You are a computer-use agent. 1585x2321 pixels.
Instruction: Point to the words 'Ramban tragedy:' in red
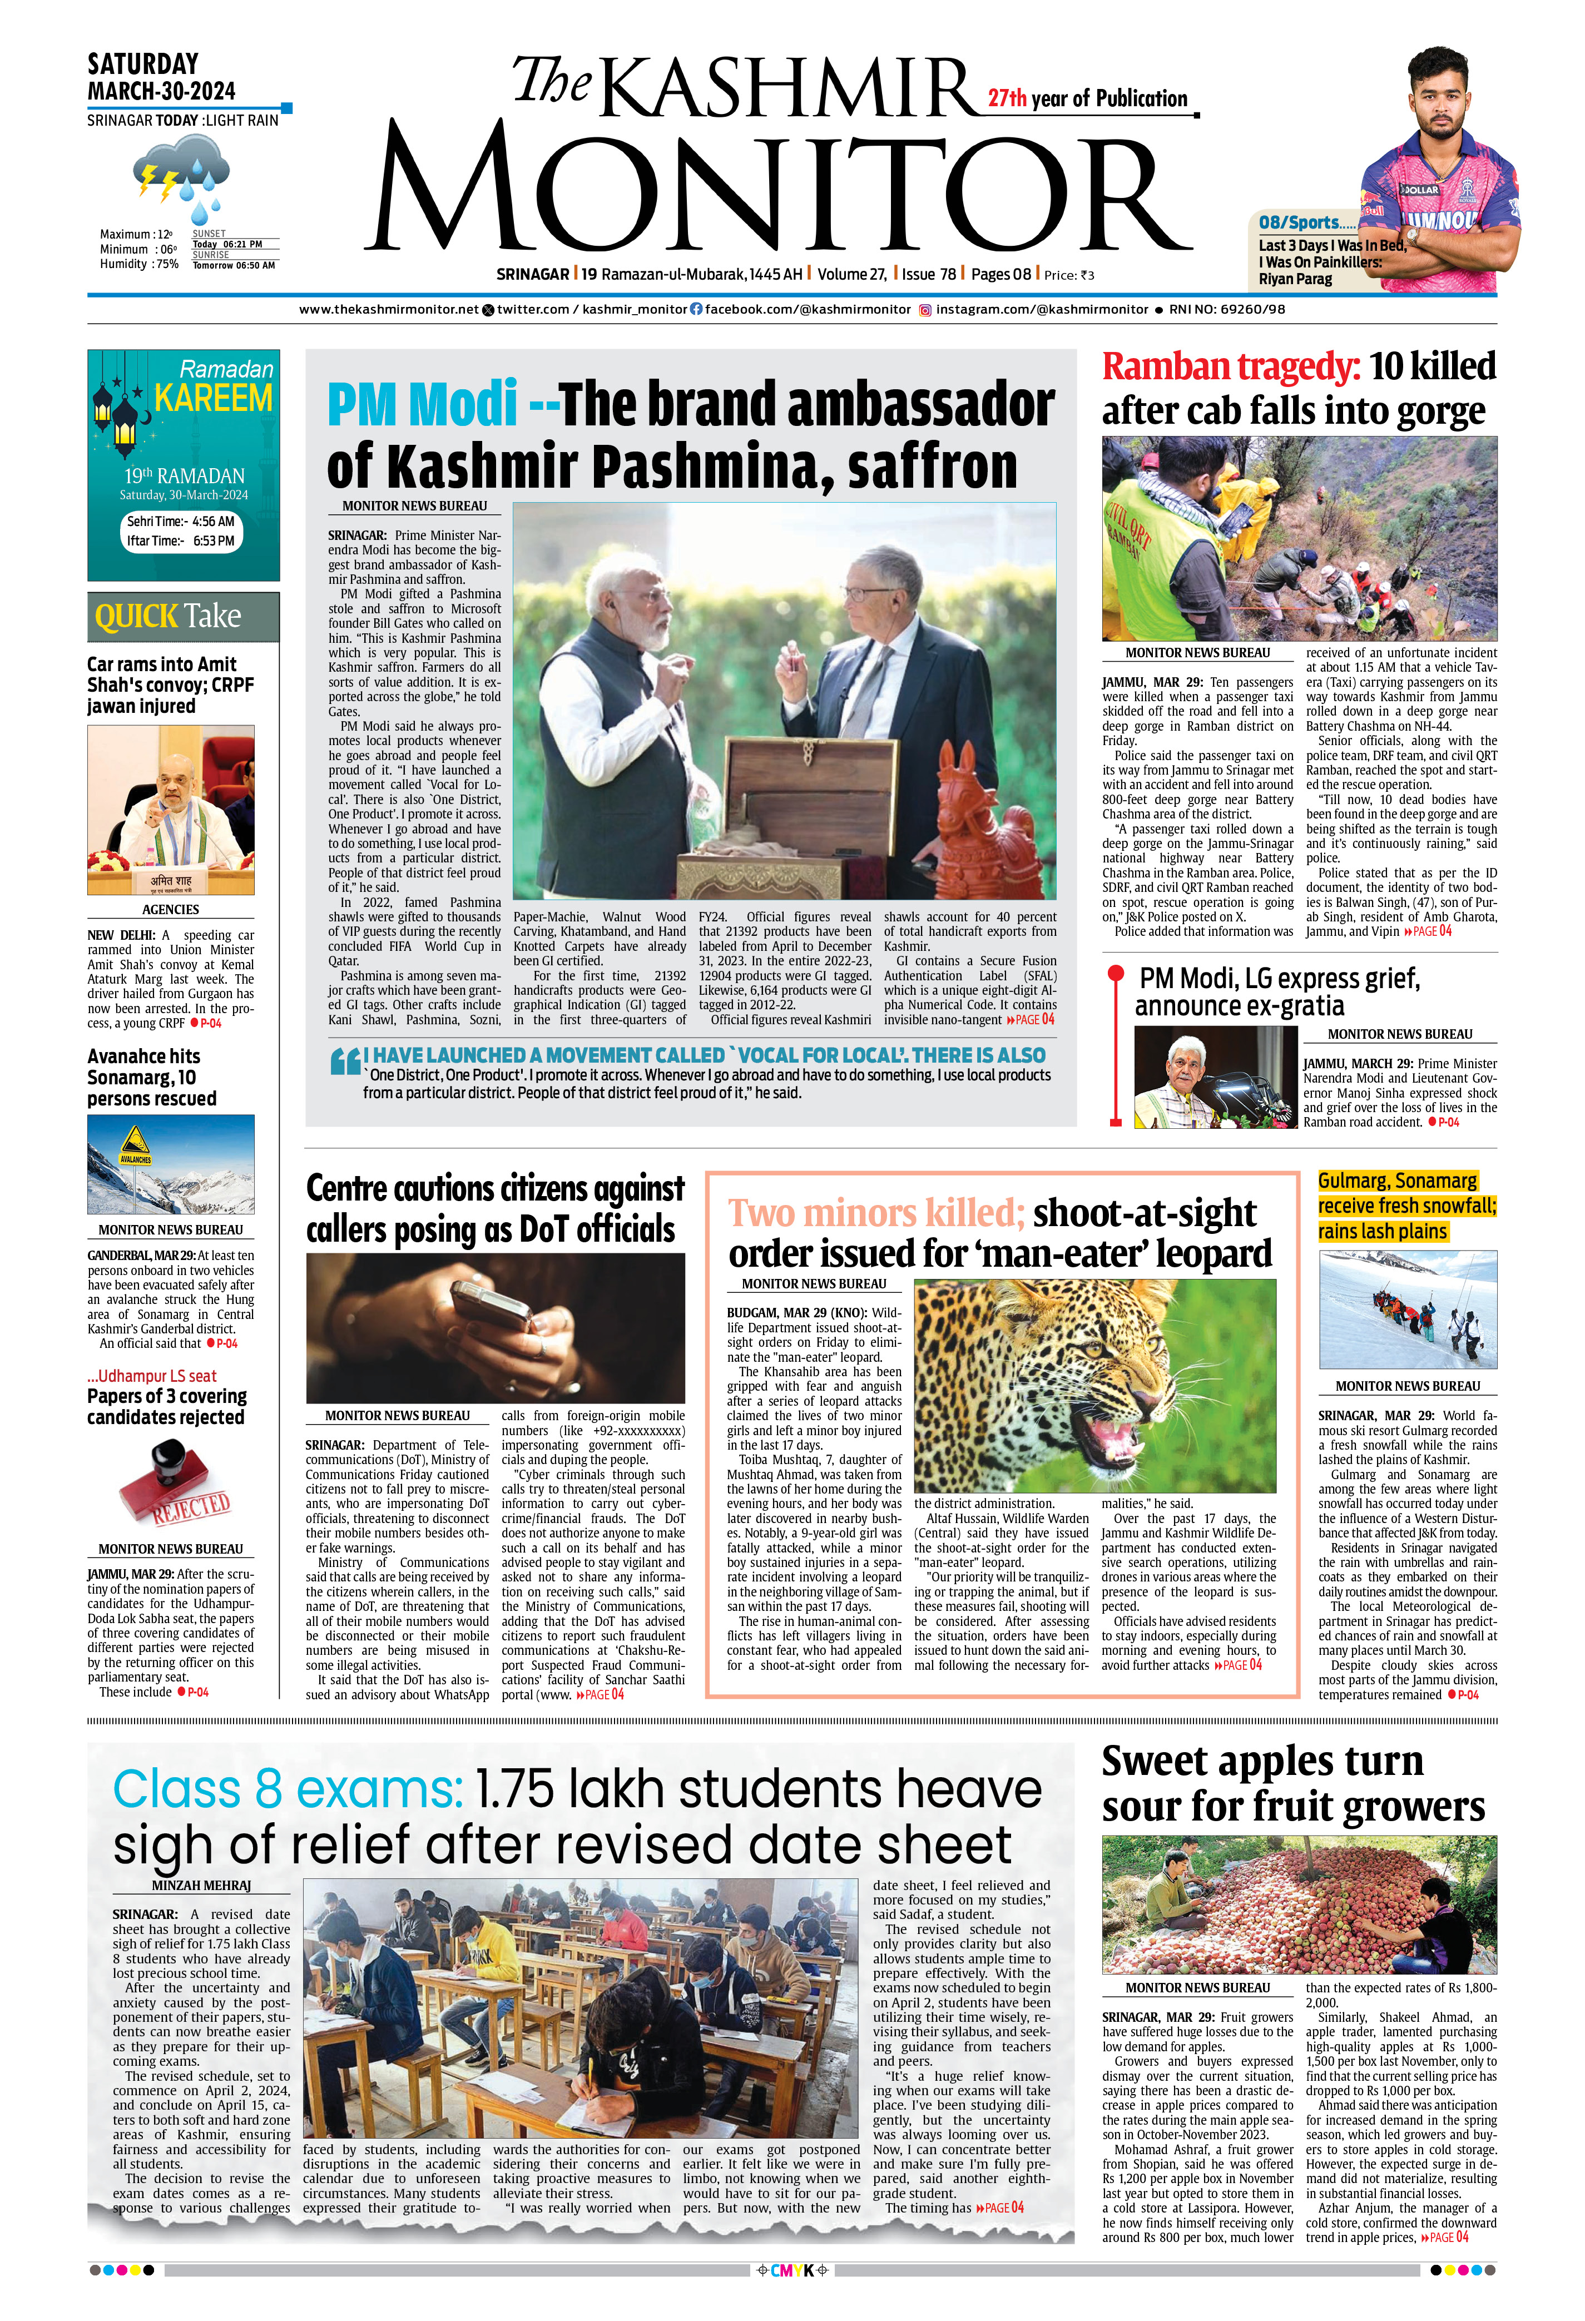point(1230,368)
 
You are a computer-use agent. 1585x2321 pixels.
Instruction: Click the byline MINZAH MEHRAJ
point(201,1886)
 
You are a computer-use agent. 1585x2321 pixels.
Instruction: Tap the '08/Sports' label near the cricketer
point(1299,223)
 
